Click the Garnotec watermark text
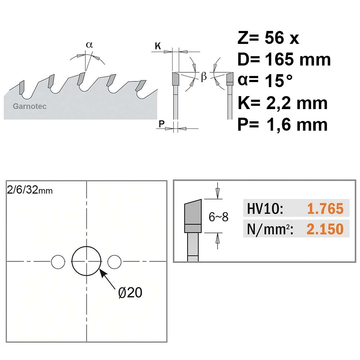click(x=30, y=106)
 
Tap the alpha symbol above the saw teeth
click(x=89, y=45)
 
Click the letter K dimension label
click(x=158, y=46)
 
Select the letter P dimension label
click(x=162, y=124)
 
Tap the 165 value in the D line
click(x=280, y=59)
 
